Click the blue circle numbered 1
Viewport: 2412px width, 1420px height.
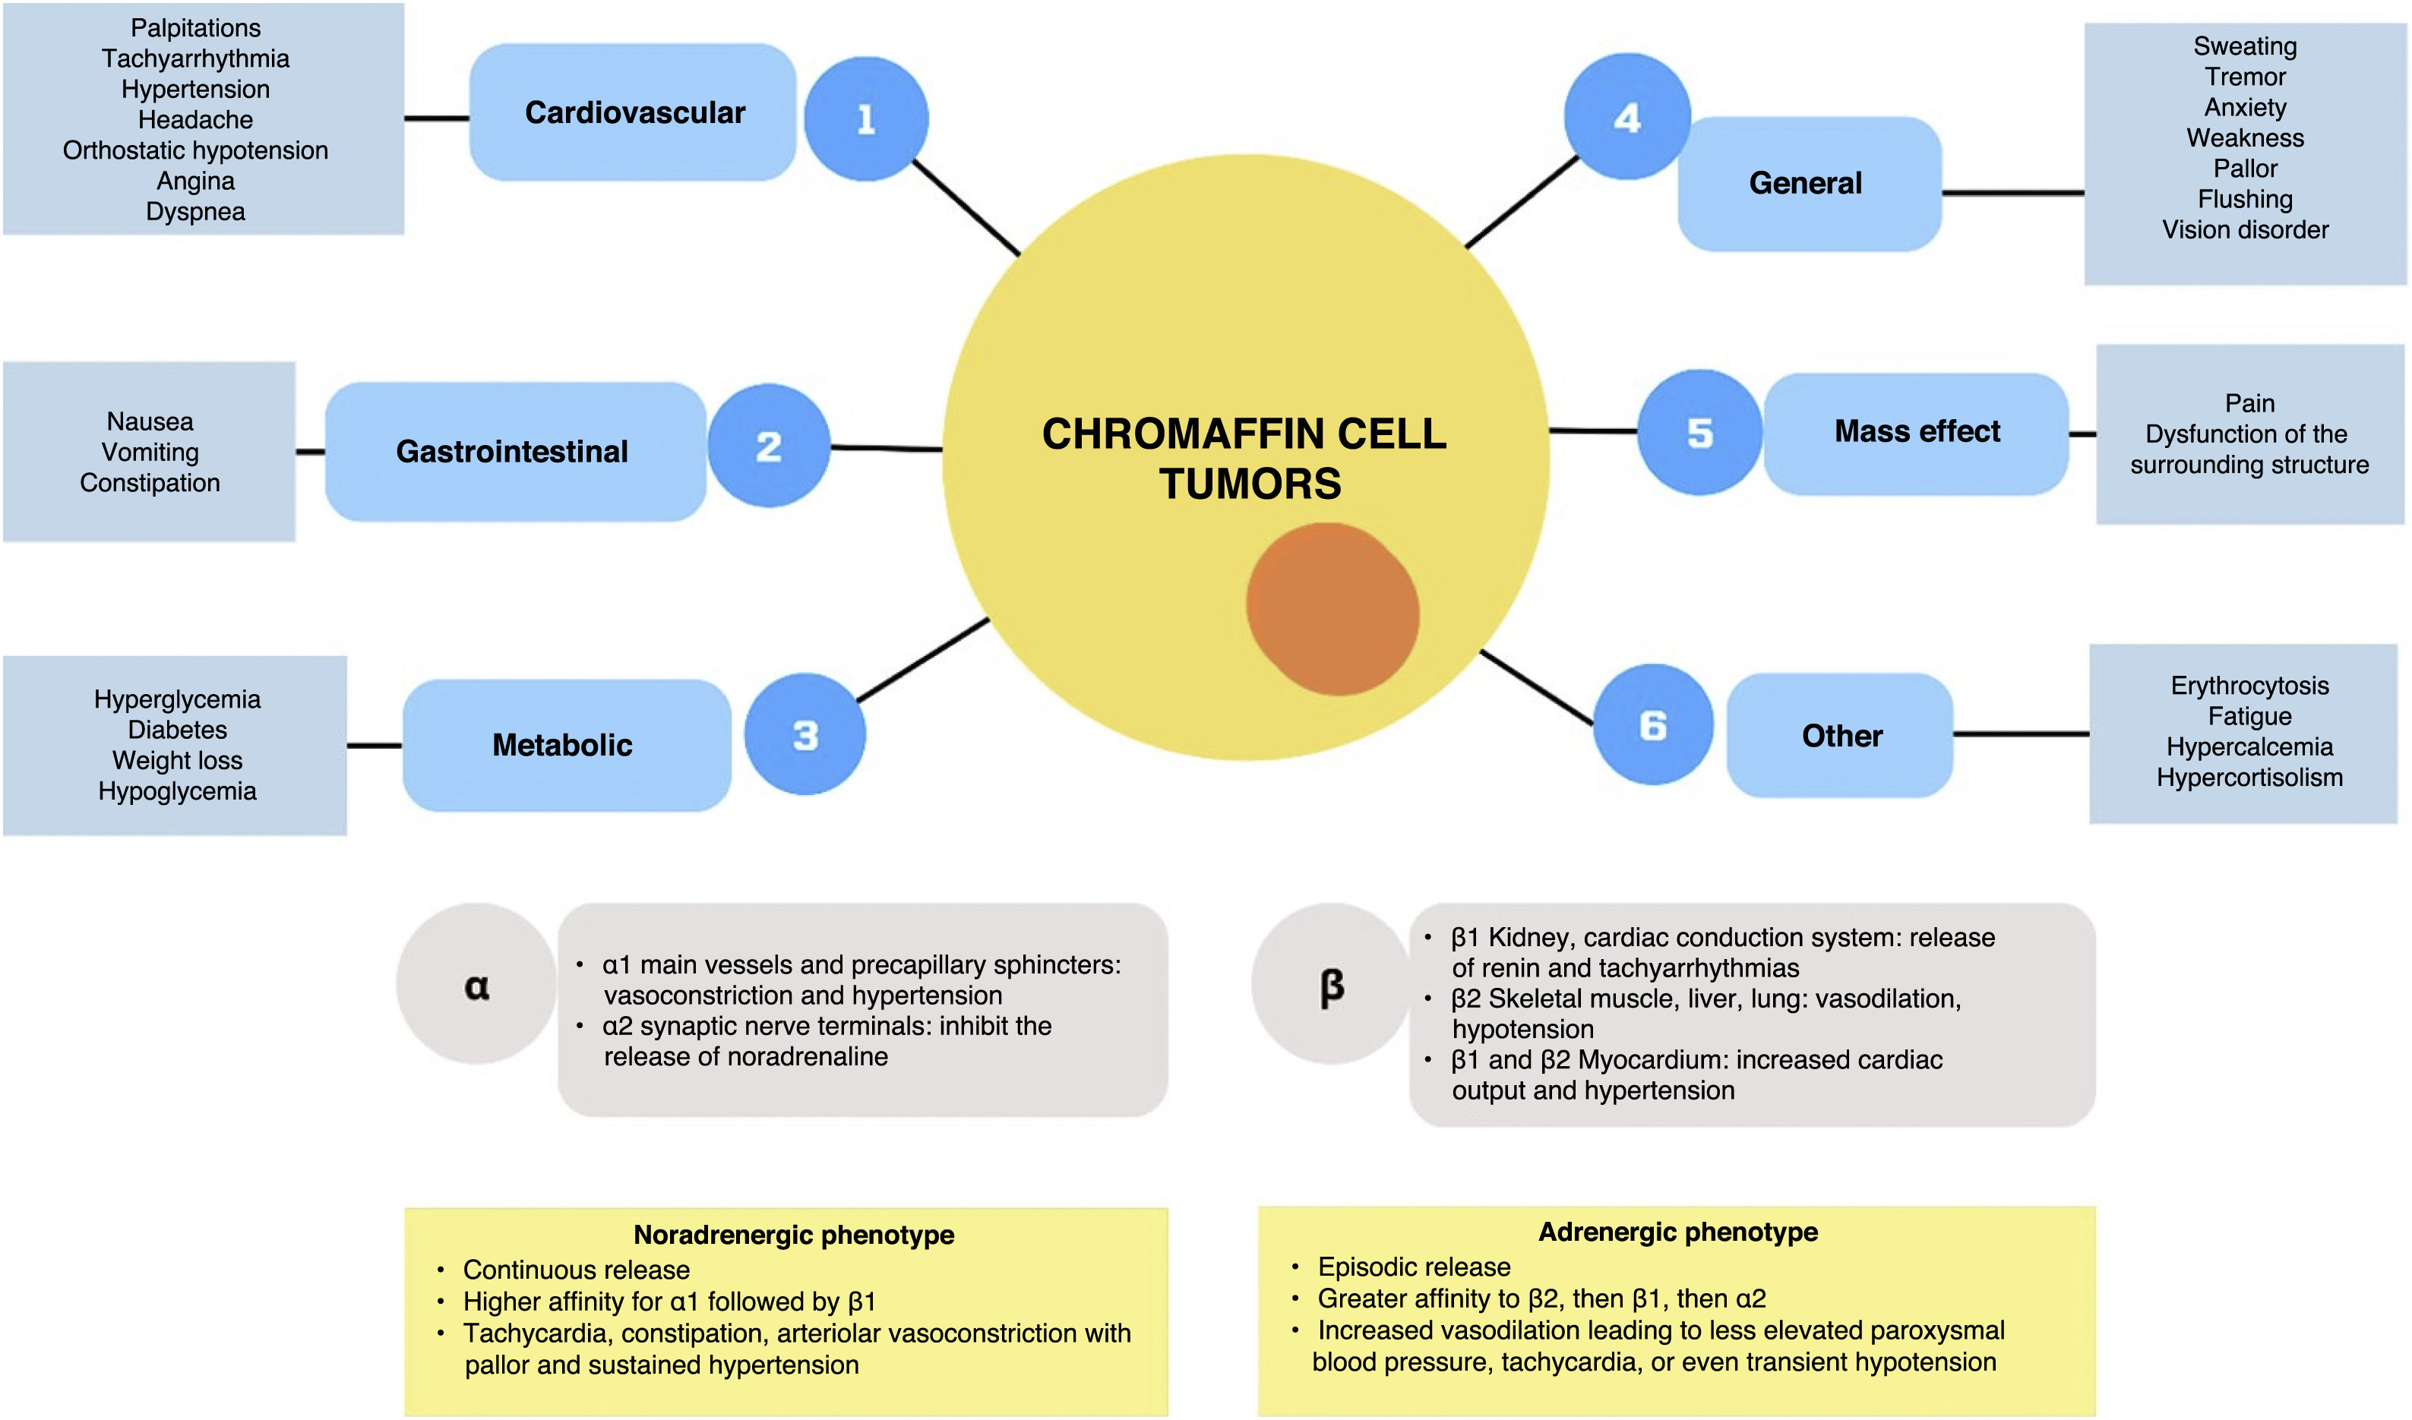(x=866, y=118)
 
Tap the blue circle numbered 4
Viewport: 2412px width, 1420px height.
(x=1627, y=115)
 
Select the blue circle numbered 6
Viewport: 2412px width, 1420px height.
(x=1653, y=724)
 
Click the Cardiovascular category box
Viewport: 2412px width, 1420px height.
(x=633, y=112)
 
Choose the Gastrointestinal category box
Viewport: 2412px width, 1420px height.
(x=516, y=452)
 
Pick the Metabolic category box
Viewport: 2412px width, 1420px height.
(x=567, y=746)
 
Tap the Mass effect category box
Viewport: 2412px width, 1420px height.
(x=1916, y=434)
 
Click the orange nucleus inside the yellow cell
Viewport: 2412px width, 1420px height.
(x=1332, y=608)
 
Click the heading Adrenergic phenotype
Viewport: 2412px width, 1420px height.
(x=1678, y=1232)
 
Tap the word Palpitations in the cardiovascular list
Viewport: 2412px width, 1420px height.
(x=195, y=29)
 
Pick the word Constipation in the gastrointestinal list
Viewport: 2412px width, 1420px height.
(x=150, y=483)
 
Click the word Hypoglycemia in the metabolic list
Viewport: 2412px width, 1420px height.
(x=177, y=791)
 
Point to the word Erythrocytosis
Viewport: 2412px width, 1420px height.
(x=2249, y=686)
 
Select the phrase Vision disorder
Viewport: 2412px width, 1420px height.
(x=2245, y=229)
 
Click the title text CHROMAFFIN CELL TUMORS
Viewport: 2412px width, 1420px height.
(x=1245, y=459)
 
